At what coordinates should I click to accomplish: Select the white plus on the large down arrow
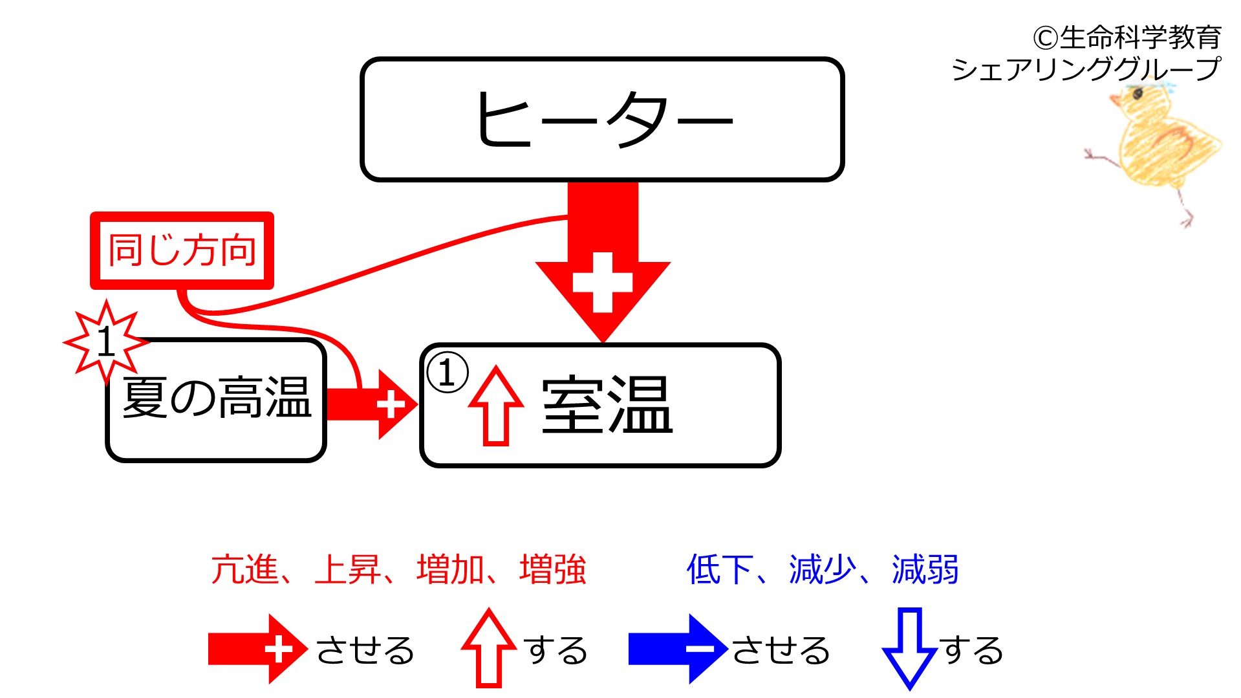coord(603,282)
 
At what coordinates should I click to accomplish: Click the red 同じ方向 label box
coord(182,250)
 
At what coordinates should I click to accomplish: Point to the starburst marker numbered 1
coord(106,342)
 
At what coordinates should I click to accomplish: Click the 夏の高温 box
coord(216,400)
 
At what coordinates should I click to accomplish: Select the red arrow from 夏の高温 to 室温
coord(372,405)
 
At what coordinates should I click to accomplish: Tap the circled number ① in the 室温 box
coord(447,373)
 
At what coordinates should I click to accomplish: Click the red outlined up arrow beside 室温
coord(496,406)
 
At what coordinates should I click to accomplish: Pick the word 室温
coord(607,405)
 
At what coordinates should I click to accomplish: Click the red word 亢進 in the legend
coord(244,570)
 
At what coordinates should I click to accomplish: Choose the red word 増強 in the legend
coord(553,570)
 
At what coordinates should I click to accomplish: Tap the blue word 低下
coord(720,570)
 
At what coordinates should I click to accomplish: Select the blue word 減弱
coord(925,570)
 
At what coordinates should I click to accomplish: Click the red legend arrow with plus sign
coord(258,649)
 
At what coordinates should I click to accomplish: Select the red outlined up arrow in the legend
coord(490,648)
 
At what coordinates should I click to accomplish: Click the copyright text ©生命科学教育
coord(1127,38)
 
